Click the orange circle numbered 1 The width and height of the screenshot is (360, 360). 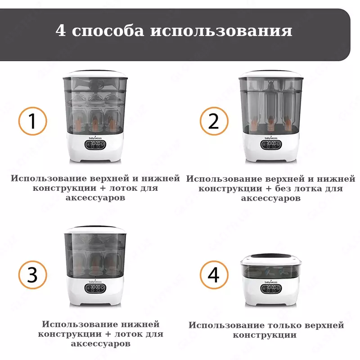pos(32,121)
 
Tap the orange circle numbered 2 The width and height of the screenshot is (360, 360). pos(214,121)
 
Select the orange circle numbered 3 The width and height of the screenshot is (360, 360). pos(32,274)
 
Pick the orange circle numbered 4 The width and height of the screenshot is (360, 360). pos(214,274)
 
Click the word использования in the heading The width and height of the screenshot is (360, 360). pos(221,31)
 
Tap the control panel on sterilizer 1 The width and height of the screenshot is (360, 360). pos(94,145)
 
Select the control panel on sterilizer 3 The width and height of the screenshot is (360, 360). pos(94,289)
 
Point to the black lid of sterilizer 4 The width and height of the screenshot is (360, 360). pos(270,258)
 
